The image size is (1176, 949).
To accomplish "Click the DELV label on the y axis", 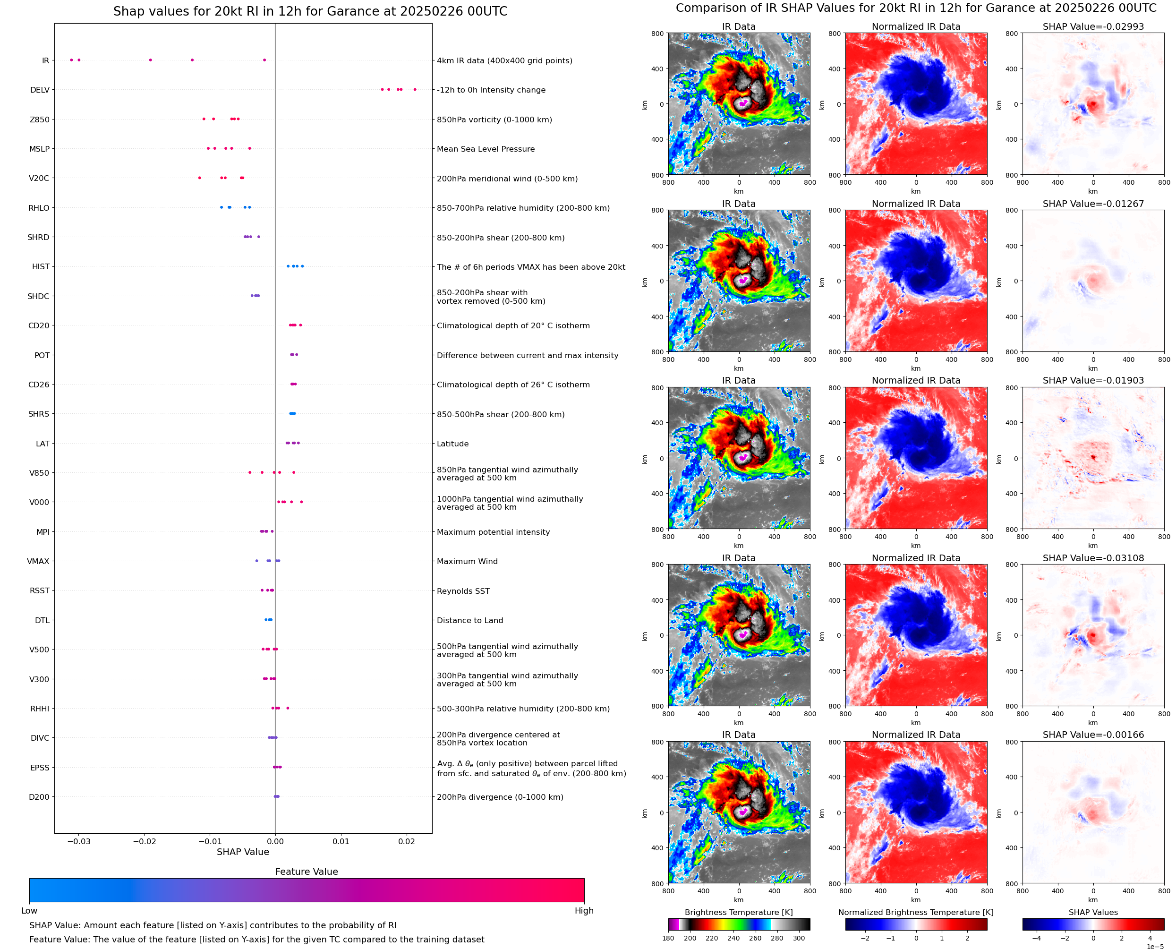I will pyautogui.click(x=39, y=90).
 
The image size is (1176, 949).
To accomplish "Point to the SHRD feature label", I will pyautogui.click(x=38, y=237).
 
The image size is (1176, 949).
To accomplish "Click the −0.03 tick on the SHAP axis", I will pyautogui.click(x=79, y=841).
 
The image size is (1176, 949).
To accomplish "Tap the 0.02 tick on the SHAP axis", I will pyautogui.click(x=407, y=841).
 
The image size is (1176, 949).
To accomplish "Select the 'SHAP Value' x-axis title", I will pyautogui.click(x=243, y=852).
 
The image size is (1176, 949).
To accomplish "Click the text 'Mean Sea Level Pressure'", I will pyautogui.click(x=485, y=149).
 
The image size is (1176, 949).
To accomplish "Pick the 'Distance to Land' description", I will pyautogui.click(x=469, y=620).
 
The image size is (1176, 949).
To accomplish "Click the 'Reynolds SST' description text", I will pyautogui.click(x=463, y=591).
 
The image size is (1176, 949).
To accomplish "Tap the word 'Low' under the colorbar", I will pyautogui.click(x=29, y=911).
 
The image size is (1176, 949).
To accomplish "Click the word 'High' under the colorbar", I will pyautogui.click(x=584, y=911).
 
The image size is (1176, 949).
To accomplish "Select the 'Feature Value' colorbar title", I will pyautogui.click(x=306, y=872).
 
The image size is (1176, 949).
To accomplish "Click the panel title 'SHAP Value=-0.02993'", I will pyautogui.click(x=1093, y=26).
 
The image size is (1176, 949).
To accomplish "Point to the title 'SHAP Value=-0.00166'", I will pyautogui.click(x=1093, y=735).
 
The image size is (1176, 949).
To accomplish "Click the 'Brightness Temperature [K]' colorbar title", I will pyautogui.click(x=738, y=912).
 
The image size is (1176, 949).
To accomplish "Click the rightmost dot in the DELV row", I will pyautogui.click(x=415, y=89).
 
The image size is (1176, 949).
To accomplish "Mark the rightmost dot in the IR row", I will pyautogui.click(x=264, y=60).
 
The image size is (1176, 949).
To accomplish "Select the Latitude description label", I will pyautogui.click(x=452, y=444).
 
